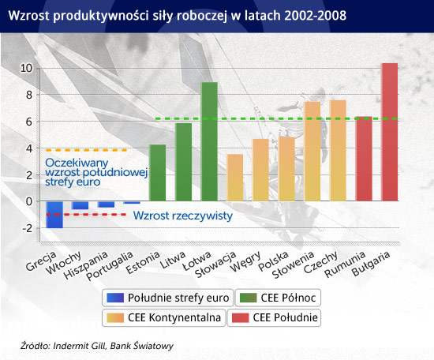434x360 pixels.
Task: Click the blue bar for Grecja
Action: pyautogui.click(x=54, y=215)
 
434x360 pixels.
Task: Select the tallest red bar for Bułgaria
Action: pyautogui.click(x=390, y=132)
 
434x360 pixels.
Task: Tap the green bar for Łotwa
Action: pyautogui.click(x=209, y=141)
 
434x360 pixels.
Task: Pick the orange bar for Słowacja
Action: pyautogui.click(x=234, y=178)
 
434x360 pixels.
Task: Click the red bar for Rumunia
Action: pyautogui.click(x=364, y=159)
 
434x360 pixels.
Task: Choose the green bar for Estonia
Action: pyautogui.click(x=158, y=173)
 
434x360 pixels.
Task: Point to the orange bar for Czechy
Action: pyautogui.click(x=338, y=151)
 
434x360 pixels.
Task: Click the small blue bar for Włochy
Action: pyautogui.click(x=80, y=205)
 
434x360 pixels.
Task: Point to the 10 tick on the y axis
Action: pyautogui.click(x=26, y=68)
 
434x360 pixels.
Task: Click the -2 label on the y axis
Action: pyautogui.click(x=28, y=228)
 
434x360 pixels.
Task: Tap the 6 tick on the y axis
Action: pyautogui.click(x=29, y=122)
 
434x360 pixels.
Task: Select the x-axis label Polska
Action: pyautogui.click(x=274, y=261)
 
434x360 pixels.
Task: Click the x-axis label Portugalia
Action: pyautogui.click(x=110, y=265)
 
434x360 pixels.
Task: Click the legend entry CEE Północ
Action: pyautogui.click(x=278, y=298)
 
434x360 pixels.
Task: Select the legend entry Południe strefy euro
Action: pyautogui.click(x=168, y=298)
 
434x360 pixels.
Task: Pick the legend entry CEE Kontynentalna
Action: pyautogui.click(x=164, y=317)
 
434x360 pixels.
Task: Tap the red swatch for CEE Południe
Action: pyautogui.click(x=240, y=317)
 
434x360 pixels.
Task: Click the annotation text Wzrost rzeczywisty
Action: pyautogui.click(x=183, y=216)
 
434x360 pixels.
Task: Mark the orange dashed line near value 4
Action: pyautogui.click(x=86, y=150)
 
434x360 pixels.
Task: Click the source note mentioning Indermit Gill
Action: pyautogui.click(x=97, y=346)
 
